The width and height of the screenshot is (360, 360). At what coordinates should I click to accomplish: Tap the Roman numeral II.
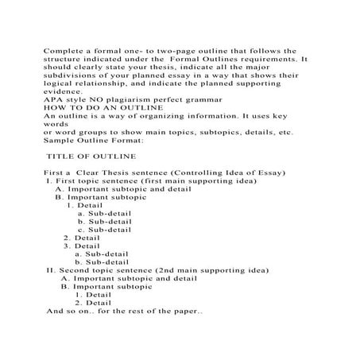[x=52, y=270]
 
